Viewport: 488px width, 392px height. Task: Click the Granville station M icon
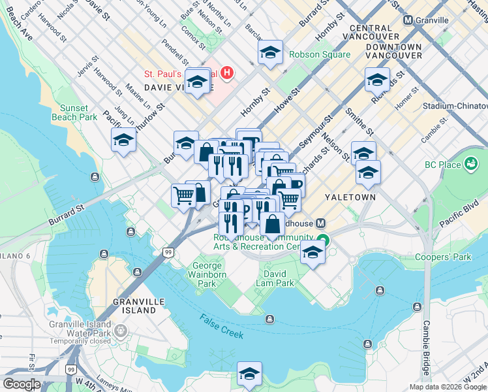click(408, 20)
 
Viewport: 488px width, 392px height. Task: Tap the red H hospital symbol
click(227, 72)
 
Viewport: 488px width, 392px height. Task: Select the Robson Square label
click(320, 54)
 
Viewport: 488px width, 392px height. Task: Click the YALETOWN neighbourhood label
click(351, 197)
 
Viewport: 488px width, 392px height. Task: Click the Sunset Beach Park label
click(78, 112)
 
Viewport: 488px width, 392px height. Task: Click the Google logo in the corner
click(22, 384)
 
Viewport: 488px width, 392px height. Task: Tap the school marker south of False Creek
click(249, 373)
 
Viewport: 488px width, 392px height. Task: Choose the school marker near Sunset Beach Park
click(123, 140)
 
